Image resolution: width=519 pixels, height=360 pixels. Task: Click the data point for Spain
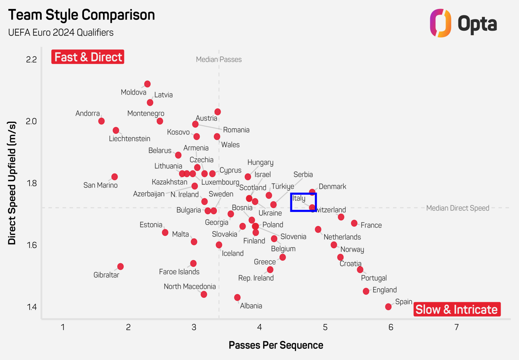click(388, 307)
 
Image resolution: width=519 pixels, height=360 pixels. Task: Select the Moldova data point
click(147, 84)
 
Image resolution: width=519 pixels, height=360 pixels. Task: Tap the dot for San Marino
click(115, 177)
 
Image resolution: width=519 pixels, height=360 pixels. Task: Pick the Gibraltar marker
click(120, 267)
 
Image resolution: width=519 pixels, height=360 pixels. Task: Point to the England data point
click(366, 291)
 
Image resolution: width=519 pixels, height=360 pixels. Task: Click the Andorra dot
click(101, 121)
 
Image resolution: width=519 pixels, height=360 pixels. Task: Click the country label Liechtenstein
click(129, 139)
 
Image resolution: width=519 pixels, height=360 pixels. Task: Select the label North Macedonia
click(190, 287)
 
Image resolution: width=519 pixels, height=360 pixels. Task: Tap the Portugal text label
click(374, 278)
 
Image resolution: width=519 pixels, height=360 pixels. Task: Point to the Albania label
click(251, 306)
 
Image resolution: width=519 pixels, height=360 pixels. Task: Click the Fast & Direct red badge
click(88, 57)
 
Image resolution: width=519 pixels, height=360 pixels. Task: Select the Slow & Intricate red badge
click(457, 309)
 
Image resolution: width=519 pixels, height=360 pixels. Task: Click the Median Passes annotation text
click(219, 60)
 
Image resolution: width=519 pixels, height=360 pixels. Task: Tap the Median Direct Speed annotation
click(458, 208)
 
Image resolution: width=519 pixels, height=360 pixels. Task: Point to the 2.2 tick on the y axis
click(31, 60)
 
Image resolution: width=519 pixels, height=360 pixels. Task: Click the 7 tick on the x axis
click(456, 327)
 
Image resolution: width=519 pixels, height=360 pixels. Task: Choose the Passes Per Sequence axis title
click(276, 345)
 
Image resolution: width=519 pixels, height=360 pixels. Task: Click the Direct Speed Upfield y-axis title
click(12, 183)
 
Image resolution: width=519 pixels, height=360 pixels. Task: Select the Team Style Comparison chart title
click(82, 15)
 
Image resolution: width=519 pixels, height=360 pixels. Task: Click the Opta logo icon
click(440, 23)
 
